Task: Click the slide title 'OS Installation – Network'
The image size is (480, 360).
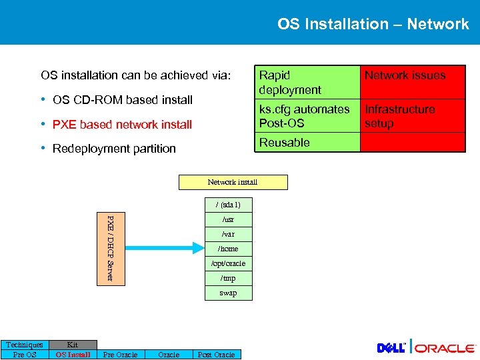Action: (373, 24)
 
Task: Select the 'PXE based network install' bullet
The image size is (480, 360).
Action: (122, 125)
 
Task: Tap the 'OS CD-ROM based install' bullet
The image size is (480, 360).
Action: (122, 100)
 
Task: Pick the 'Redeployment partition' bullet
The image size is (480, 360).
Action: (114, 149)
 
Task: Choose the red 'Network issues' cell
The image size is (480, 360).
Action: (413, 83)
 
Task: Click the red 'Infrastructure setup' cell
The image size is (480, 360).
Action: (413, 116)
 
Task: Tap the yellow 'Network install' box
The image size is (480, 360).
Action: (233, 182)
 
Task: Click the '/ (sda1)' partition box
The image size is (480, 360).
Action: (228, 205)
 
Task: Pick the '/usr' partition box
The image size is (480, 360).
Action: (228, 219)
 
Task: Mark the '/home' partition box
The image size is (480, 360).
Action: (228, 249)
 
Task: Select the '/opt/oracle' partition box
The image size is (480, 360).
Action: (228, 263)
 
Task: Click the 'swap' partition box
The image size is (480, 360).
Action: (228, 293)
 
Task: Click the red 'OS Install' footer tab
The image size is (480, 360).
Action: (73, 355)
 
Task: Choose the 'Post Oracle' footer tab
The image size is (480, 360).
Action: (216, 355)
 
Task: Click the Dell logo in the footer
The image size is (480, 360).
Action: (392, 348)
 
